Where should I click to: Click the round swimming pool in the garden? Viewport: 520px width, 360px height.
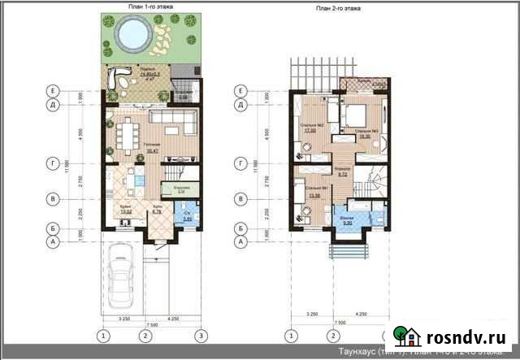click(132, 34)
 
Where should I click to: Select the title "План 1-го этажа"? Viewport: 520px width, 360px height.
click(151, 6)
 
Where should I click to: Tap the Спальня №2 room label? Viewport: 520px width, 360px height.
click(310, 126)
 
